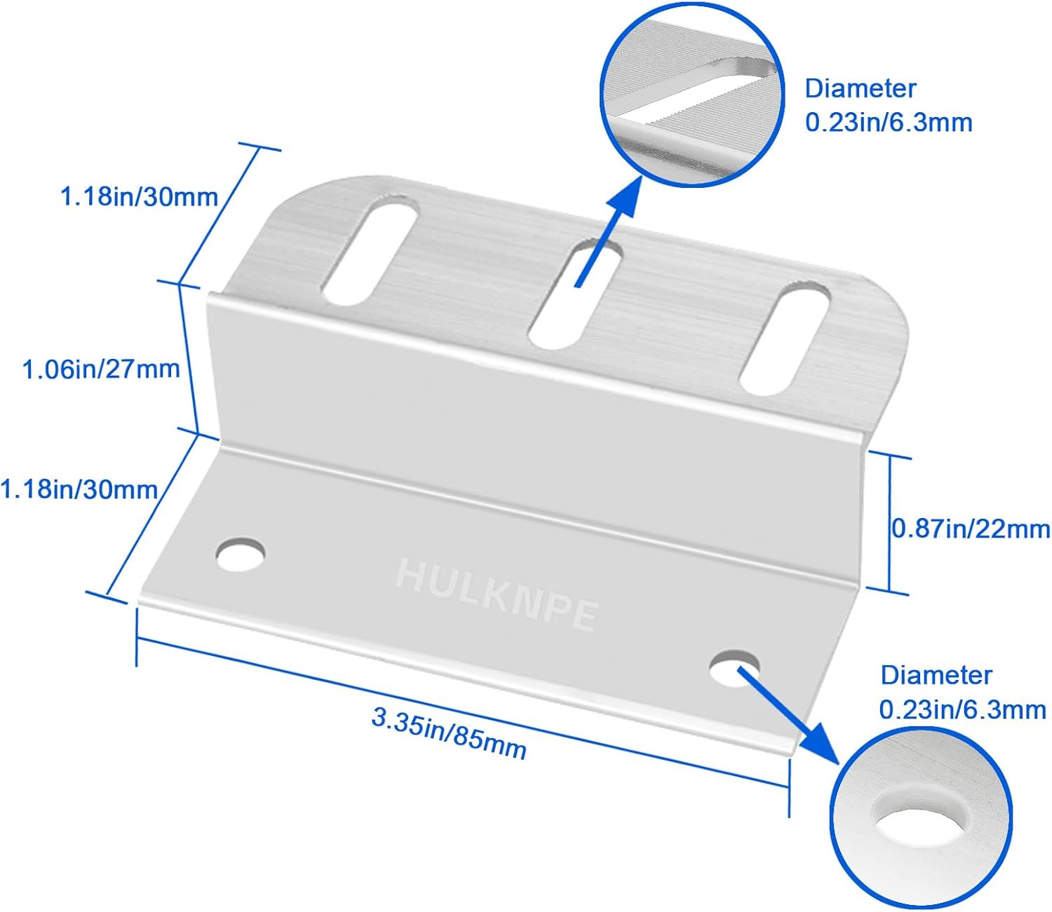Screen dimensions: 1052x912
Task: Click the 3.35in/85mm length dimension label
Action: pyautogui.click(x=449, y=733)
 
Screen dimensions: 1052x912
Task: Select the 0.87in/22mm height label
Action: pyautogui.click(x=970, y=529)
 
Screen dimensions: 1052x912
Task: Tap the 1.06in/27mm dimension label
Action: pyautogui.click(x=101, y=369)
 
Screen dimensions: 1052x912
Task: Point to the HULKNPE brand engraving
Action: pyautogui.click(x=497, y=595)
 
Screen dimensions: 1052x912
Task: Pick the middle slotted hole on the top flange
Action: pyautogui.click(x=576, y=294)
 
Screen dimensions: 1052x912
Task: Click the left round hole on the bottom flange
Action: pyautogui.click(x=241, y=555)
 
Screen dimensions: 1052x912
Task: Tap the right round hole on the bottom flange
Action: pyautogui.click(x=734, y=668)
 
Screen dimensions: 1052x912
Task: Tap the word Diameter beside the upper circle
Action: pyautogui.click(x=860, y=88)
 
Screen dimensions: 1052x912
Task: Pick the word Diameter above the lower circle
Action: pyautogui.click(x=936, y=675)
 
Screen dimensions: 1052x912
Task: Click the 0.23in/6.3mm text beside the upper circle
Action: pyautogui.click(x=889, y=123)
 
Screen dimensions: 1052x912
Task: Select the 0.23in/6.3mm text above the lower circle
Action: pyautogui.click(x=962, y=709)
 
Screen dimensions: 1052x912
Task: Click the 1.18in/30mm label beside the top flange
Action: pyautogui.click(x=140, y=197)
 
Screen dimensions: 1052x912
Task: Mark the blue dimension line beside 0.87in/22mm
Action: pyautogui.click(x=890, y=524)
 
